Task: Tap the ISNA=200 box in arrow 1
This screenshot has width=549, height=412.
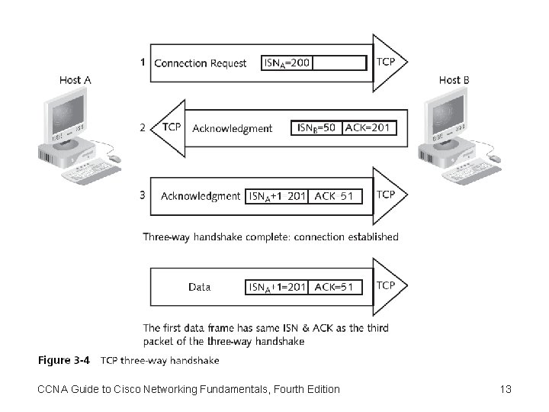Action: coord(287,63)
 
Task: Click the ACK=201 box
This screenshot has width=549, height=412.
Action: coord(368,127)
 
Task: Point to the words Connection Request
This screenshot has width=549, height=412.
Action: coord(200,63)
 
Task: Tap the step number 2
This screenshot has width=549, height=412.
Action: coord(143,127)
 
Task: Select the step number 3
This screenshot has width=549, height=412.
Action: coord(143,195)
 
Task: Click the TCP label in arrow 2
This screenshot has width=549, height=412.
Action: coord(172,127)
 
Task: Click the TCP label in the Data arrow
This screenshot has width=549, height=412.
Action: coord(386,285)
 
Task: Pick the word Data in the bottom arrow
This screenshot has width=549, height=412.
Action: coord(199,287)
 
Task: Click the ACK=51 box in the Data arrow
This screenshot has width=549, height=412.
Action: coord(334,287)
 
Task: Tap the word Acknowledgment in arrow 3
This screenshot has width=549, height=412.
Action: coord(200,196)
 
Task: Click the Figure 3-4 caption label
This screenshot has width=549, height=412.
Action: coord(64,360)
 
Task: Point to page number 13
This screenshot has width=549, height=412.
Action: coord(505,389)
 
